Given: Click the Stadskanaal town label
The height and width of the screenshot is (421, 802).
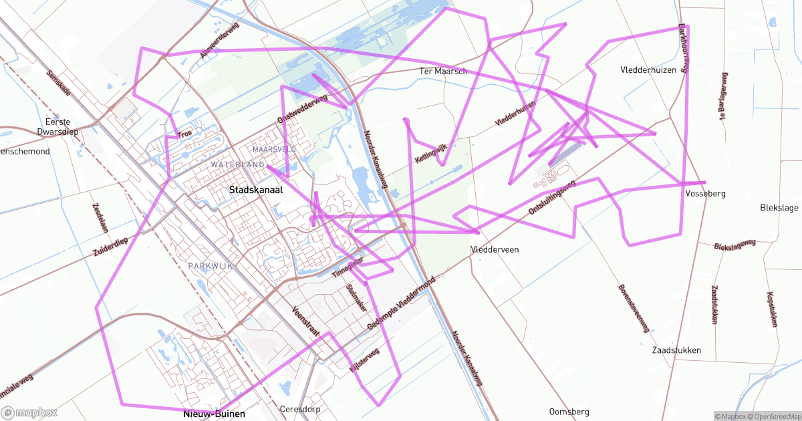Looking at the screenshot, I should click(x=256, y=190).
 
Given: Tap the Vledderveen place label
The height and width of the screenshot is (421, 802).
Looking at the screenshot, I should click(x=495, y=249).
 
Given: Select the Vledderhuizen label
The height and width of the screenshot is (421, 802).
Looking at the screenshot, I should click(x=648, y=69).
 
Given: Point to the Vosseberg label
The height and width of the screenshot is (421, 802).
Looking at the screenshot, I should click(x=705, y=194).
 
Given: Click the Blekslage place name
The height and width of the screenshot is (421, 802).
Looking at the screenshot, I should click(x=779, y=208).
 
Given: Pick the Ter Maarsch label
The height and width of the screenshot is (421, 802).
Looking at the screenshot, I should click(x=442, y=71).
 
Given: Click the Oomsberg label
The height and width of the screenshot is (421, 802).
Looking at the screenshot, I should click(x=568, y=411).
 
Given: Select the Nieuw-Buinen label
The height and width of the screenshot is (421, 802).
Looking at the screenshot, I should click(x=214, y=414).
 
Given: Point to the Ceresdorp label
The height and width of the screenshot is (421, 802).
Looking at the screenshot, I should click(x=300, y=409).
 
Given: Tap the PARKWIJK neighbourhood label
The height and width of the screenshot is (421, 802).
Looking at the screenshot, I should click(x=210, y=266).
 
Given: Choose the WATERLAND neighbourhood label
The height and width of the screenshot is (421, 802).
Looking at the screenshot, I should click(x=237, y=164).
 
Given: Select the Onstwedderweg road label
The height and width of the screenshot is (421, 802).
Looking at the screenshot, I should click(x=302, y=108).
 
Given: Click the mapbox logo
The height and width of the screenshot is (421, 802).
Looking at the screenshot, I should click(x=29, y=412).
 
